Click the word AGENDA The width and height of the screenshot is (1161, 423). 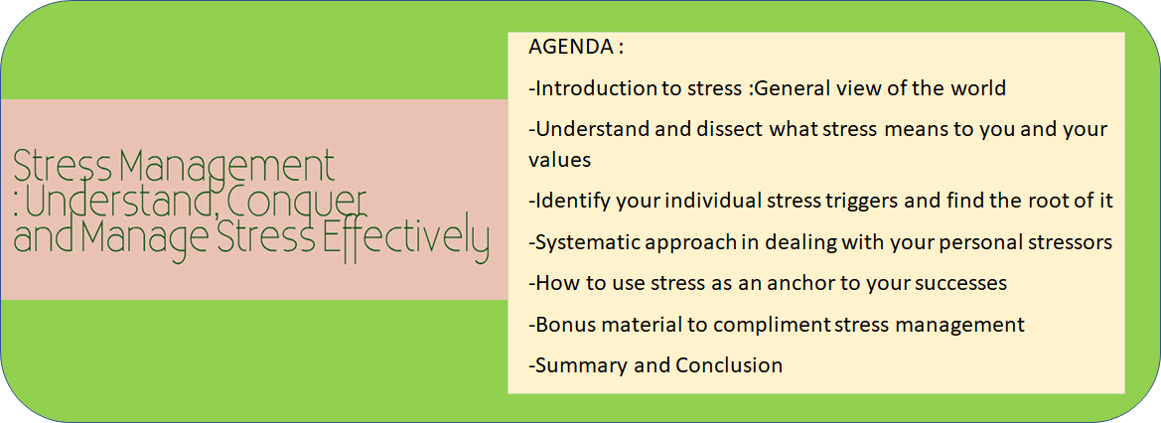[570, 48]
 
